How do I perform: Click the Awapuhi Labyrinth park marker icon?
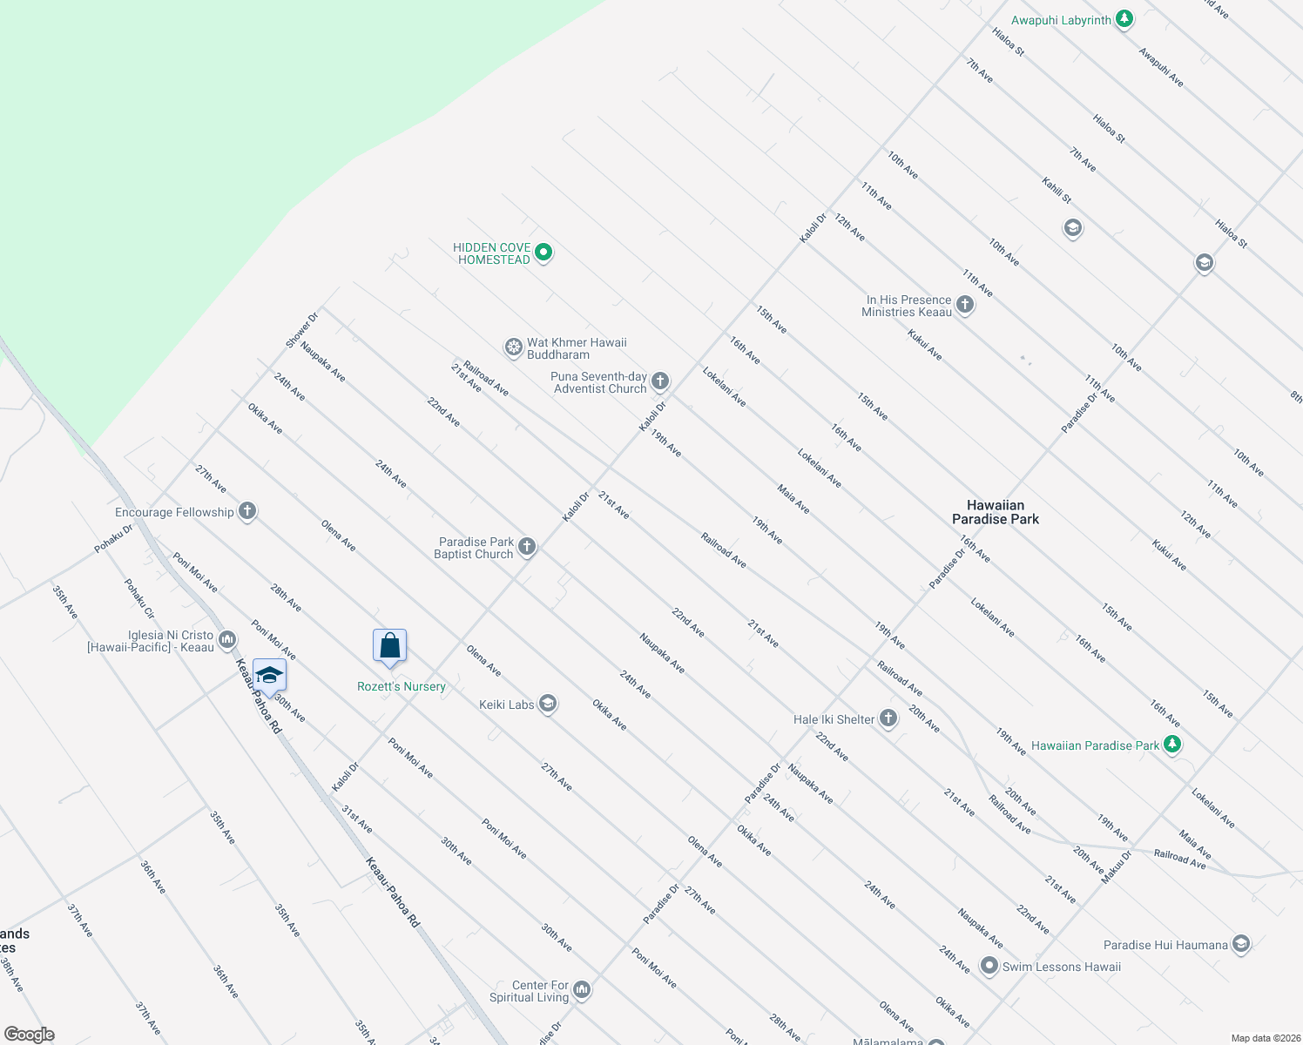click(1124, 19)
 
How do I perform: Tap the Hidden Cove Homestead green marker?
click(543, 253)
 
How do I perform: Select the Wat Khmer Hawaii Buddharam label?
click(577, 348)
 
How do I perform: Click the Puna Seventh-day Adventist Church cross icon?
click(660, 381)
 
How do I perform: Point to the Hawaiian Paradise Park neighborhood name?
click(996, 512)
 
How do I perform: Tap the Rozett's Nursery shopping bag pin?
click(390, 646)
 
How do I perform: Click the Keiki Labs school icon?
click(547, 704)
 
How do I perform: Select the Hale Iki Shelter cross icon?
click(888, 718)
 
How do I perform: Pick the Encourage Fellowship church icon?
click(248, 511)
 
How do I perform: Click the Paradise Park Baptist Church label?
click(475, 548)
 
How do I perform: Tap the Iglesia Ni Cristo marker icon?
click(227, 641)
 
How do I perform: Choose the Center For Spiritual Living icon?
click(582, 990)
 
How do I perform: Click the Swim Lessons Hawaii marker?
click(989, 966)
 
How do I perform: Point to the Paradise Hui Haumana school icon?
click(1241, 944)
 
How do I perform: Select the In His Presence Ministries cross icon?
click(965, 305)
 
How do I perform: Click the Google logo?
click(29, 1035)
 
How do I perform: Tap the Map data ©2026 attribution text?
click(1262, 1038)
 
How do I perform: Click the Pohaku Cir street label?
click(139, 599)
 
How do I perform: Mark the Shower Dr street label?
click(302, 331)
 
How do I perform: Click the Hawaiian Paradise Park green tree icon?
click(1172, 745)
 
